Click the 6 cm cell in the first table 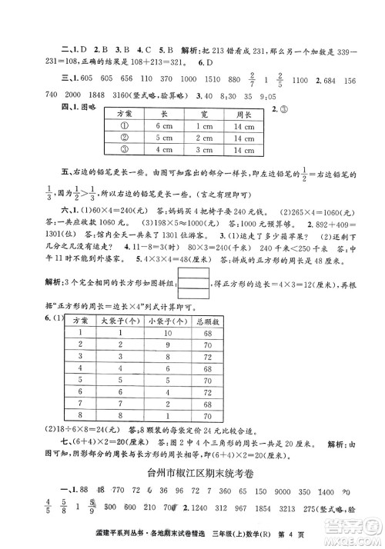point(161,125)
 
